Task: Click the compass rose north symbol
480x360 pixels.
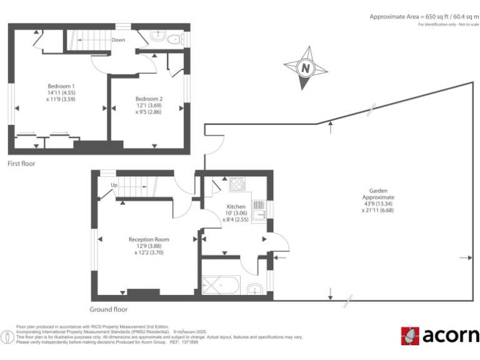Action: [305, 67]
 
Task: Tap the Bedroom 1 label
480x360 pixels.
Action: [61, 86]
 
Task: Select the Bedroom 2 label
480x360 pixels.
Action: [149, 99]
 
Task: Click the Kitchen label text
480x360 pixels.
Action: [236, 206]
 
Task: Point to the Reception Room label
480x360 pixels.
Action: [149, 239]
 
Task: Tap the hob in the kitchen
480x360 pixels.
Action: [238, 184]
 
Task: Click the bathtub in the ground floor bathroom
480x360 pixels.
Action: [222, 286]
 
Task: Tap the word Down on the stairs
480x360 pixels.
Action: [118, 40]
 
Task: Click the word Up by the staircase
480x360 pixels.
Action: [114, 185]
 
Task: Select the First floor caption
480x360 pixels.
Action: [21, 164]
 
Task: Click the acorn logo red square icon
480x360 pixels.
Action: [410, 336]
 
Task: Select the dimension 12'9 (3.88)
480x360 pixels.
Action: [149, 246]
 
